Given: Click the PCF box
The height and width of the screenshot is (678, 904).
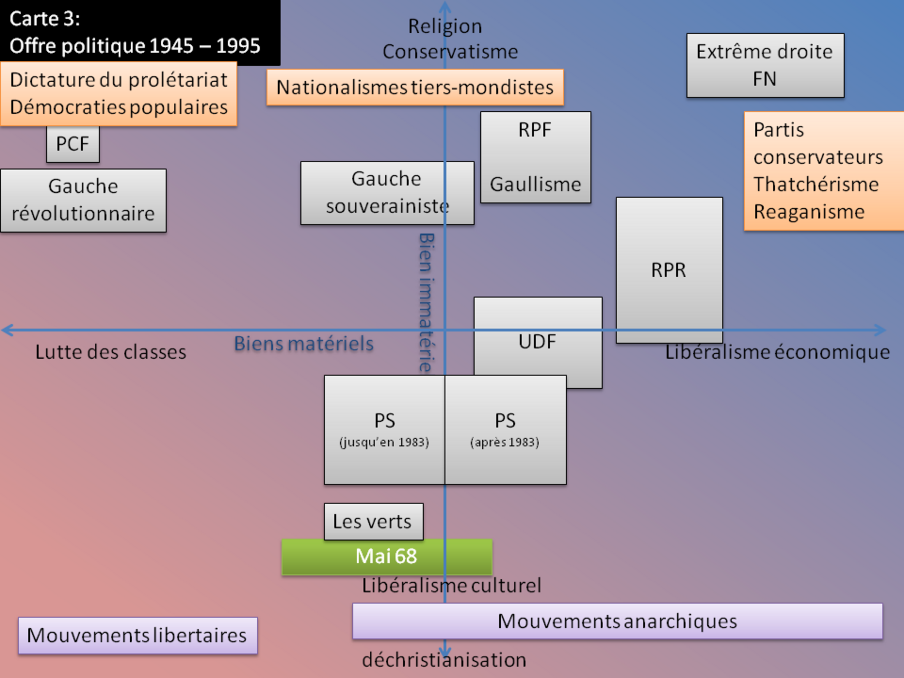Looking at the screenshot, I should point(73,144).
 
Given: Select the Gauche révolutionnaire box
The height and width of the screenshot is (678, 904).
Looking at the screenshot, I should point(83,201).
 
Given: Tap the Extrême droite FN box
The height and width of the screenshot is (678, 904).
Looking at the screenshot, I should point(765,65).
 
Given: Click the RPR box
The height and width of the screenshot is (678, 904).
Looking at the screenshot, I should point(669,270).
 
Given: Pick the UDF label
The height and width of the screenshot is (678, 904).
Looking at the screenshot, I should point(537,342).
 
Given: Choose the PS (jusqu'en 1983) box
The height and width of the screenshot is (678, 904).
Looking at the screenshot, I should point(384,430).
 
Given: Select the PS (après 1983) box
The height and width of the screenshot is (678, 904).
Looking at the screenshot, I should point(505,430).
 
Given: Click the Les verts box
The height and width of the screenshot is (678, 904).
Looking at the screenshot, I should point(373,521).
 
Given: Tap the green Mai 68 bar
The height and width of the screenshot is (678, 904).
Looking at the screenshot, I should point(386,557).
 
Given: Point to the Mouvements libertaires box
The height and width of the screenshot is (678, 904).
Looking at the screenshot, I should point(138,636).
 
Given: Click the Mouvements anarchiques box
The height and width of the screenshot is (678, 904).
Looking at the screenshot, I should point(617,621).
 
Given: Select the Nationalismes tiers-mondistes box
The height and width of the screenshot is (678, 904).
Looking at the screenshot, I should point(415,88).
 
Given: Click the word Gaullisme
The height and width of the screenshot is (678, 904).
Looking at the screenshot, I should point(535,184).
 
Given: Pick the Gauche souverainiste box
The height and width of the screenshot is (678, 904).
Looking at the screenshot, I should point(387,193).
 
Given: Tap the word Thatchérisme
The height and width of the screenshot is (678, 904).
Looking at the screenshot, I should point(816,184).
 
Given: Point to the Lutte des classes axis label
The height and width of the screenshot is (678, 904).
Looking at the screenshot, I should point(111,352).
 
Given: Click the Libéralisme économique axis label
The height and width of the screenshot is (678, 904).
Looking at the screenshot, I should point(777,353).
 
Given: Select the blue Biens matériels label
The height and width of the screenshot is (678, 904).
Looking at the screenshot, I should point(304,344).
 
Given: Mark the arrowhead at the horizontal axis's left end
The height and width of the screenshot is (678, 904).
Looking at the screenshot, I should point(6,330).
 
